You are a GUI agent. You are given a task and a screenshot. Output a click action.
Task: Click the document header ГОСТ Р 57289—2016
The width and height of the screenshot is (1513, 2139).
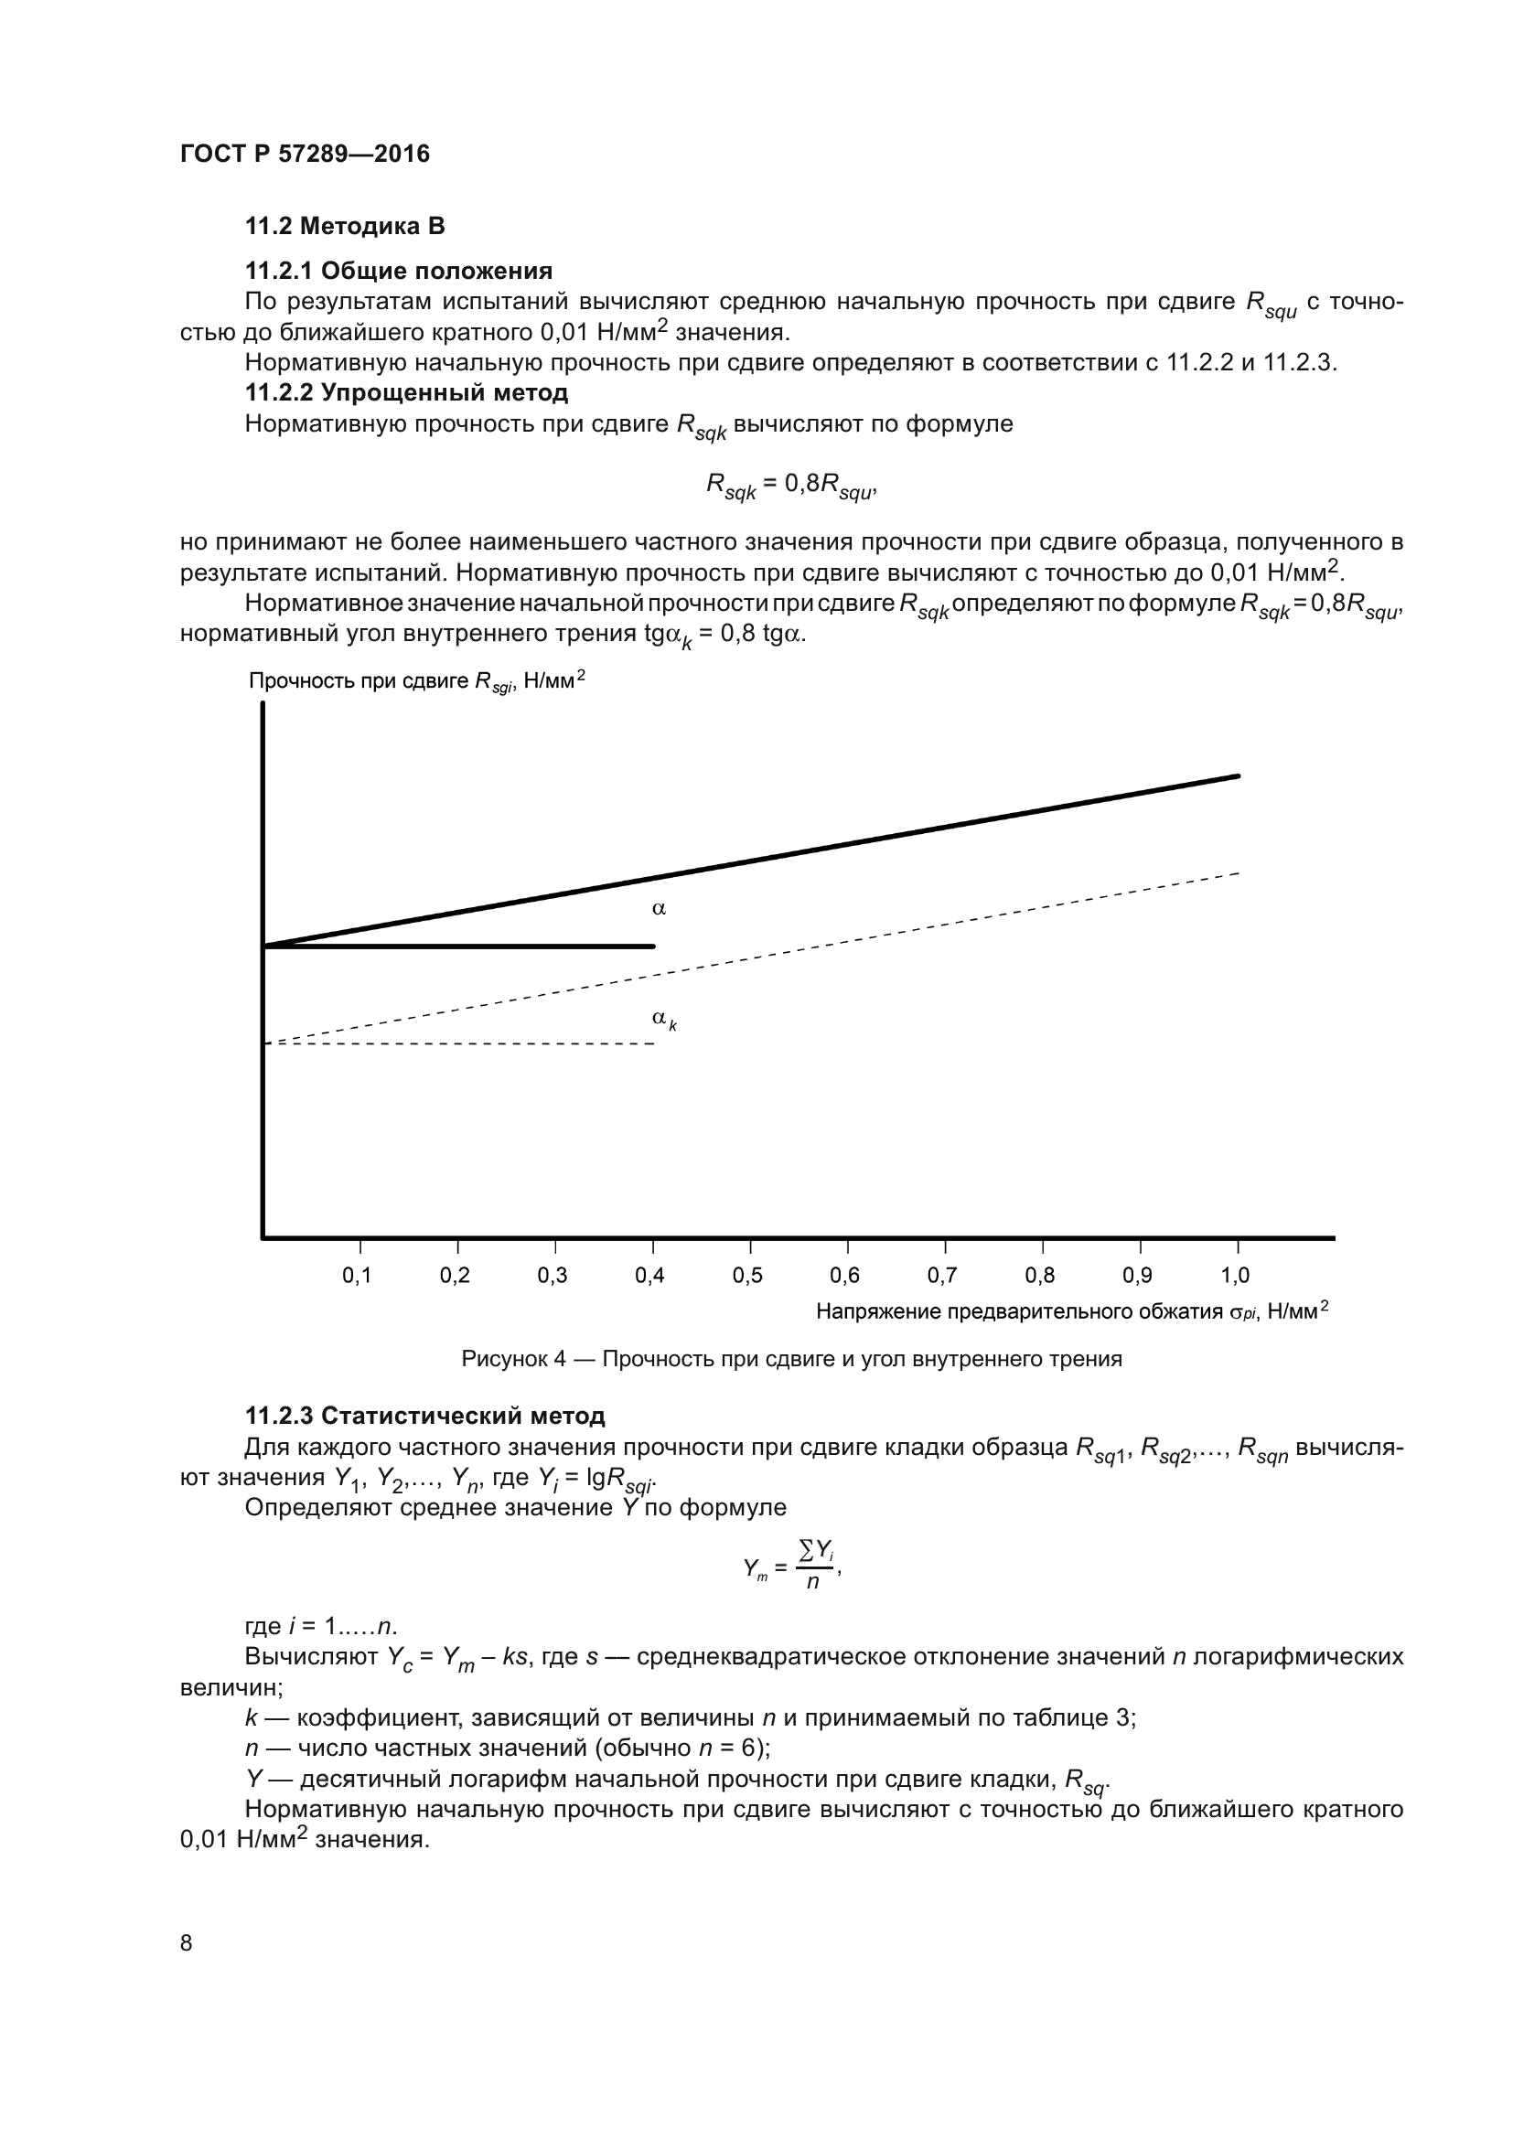pos(305,154)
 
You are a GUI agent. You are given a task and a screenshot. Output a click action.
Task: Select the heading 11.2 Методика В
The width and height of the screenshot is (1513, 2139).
pos(345,227)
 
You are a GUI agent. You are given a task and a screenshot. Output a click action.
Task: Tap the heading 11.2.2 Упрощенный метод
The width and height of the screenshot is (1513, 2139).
pos(406,392)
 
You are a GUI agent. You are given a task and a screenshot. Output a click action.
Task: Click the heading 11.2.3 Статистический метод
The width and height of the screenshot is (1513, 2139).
pos(424,1416)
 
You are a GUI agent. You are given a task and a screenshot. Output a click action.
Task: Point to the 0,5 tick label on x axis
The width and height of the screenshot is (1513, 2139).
pos(748,1276)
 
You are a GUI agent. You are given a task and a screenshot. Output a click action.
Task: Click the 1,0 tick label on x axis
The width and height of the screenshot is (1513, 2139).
pos(1235,1276)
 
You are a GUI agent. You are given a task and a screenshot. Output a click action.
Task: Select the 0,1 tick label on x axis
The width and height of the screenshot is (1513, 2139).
pos(357,1276)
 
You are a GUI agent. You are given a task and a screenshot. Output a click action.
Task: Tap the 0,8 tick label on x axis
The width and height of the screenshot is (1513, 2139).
pos(1040,1276)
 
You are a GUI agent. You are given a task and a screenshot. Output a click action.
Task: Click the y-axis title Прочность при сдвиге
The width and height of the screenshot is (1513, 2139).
pos(415,681)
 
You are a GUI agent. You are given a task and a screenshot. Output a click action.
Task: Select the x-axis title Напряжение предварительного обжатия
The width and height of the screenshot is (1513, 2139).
pos(1071,1311)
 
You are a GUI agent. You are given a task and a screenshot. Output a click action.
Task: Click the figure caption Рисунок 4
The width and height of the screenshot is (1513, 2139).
pos(791,1359)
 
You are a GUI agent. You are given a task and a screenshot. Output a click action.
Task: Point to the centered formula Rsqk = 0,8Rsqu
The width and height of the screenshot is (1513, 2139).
pos(791,486)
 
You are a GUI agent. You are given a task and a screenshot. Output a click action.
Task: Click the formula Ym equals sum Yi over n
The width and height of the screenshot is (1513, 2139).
pos(791,1567)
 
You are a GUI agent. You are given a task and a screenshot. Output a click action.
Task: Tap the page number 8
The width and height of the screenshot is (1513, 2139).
pos(187,1942)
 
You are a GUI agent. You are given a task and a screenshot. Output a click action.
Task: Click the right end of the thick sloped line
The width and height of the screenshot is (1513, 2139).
pos(1238,776)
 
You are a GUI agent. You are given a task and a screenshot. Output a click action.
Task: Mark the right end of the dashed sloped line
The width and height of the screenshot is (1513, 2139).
pos(1238,873)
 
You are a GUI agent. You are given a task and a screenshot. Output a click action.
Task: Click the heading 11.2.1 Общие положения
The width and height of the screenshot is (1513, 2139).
pos(399,271)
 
